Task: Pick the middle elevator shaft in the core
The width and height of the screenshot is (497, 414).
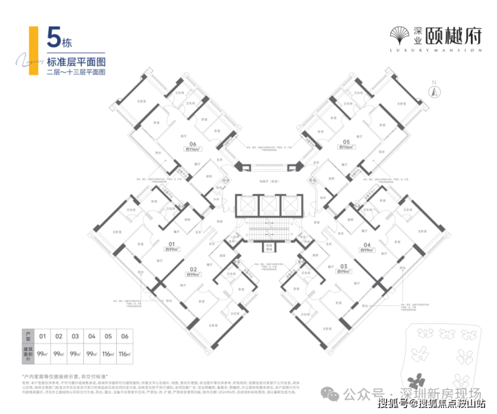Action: coord(267,205)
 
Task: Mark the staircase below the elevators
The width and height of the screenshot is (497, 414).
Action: coord(267,231)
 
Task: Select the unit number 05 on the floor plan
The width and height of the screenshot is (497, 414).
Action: coord(346,142)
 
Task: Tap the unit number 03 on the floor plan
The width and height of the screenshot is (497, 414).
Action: coord(344,265)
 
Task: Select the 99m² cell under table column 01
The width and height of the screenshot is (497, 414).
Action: coord(42,353)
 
